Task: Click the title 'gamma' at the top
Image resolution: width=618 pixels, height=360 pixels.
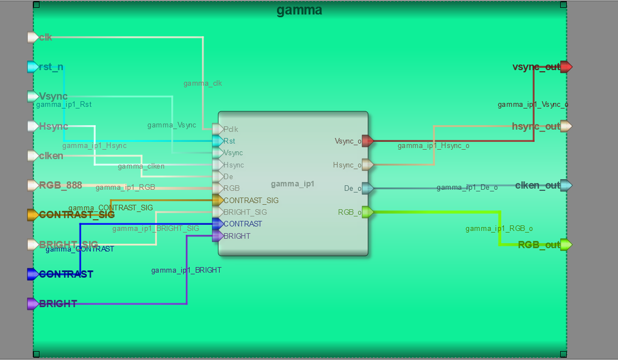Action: click(299, 10)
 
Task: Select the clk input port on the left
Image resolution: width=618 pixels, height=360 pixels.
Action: click(33, 37)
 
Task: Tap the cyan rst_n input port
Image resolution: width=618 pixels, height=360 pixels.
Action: click(33, 67)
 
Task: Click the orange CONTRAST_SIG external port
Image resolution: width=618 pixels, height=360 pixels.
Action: click(33, 215)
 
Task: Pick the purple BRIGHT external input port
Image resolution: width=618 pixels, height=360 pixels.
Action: click(33, 304)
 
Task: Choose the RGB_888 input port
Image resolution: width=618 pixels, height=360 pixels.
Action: click(33, 185)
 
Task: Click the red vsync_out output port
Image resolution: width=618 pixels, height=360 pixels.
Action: click(566, 67)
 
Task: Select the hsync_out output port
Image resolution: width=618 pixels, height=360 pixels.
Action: click(566, 126)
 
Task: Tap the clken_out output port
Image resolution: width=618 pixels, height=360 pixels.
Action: click(566, 185)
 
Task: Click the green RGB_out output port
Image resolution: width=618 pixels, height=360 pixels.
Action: click(566, 245)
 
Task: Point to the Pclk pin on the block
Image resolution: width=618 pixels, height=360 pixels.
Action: click(217, 129)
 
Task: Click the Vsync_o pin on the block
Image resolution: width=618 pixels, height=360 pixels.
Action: click(368, 141)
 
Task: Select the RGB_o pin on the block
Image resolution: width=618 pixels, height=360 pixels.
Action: click(368, 212)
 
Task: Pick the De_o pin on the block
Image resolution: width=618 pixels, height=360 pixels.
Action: click(368, 188)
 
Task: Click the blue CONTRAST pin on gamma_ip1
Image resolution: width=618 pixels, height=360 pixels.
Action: click(217, 224)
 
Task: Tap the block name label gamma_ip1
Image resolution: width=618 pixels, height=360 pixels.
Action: click(293, 184)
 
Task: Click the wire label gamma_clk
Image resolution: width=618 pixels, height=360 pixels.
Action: click(202, 83)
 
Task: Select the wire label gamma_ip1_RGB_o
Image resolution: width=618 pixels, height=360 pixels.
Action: click(499, 229)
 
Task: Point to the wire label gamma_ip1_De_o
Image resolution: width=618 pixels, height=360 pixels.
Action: click(467, 188)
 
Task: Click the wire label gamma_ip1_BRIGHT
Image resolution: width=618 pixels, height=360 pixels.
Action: click(186, 270)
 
